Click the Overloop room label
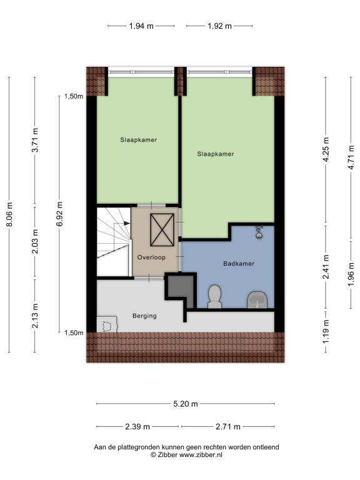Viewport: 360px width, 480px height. (x=151, y=257)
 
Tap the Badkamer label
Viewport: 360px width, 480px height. (x=239, y=264)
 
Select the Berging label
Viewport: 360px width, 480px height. (x=144, y=316)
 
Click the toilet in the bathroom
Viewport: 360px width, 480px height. (x=214, y=296)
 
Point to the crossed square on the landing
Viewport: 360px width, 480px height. (x=162, y=230)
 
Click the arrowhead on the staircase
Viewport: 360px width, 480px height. (x=127, y=223)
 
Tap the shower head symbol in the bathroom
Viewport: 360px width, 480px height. (x=259, y=232)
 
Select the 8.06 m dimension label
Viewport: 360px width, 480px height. (x=9, y=214)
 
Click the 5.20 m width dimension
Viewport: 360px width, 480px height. (x=186, y=404)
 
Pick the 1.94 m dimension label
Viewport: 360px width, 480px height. (x=141, y=26)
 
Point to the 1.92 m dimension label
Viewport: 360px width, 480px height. (x=219, y=26)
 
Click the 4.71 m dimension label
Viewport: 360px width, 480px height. (x=351, y=157)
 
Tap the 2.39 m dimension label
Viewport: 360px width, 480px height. (x=137, y=426)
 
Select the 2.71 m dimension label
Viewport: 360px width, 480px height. (x=228, y=426)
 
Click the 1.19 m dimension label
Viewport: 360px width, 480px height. (x=326, y=331)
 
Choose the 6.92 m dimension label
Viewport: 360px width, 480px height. (x=60, y=214)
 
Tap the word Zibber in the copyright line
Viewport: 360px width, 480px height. (x=167, y=455)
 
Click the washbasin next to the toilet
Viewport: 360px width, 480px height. (x=257, y=300)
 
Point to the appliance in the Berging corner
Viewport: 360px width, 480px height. (x=107, y=324)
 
